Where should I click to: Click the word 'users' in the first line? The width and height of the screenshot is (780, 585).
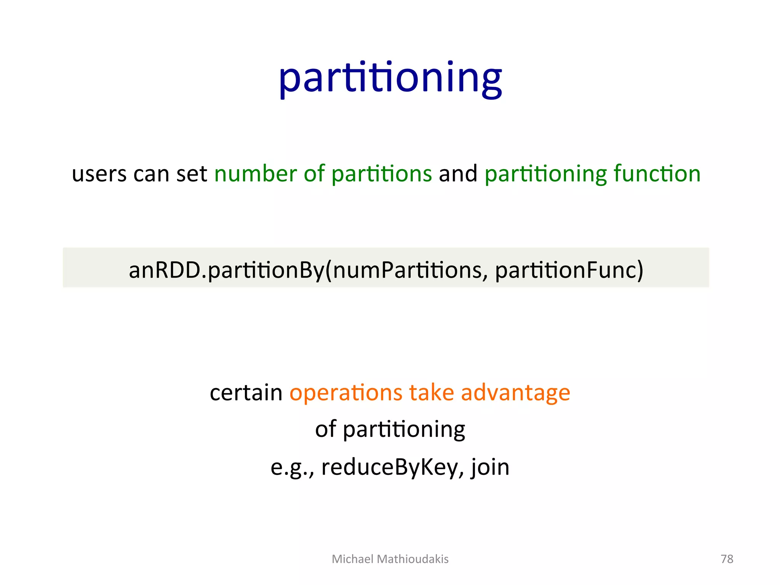(99, 174)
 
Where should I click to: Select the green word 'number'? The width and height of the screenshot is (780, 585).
(256, 174)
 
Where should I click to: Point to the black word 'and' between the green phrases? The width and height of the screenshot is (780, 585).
(458, 174)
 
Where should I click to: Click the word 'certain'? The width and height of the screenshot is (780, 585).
(246, 393)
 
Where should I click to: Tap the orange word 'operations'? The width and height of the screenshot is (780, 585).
(346, 393)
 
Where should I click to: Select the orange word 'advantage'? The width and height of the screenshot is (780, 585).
(515, 393)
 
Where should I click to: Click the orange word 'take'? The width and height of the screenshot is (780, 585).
(432, 393)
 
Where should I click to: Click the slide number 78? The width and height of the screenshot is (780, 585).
(727, 559)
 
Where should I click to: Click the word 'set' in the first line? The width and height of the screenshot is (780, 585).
(192, 174)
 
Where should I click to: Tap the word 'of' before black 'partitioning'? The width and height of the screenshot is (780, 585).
(325, 430)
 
